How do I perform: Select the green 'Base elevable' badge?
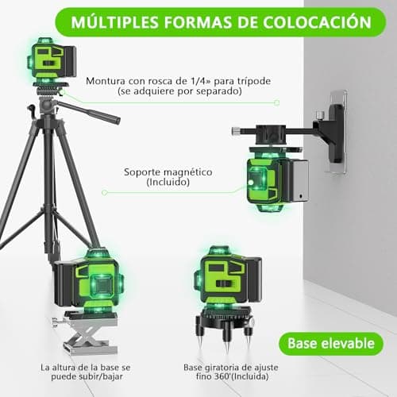pyautogui.click(x=331, y=344)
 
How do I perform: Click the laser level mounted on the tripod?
pyautogui.click(x=52, y=62)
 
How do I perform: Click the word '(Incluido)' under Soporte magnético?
pyautogui.click(x=167, y=183)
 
